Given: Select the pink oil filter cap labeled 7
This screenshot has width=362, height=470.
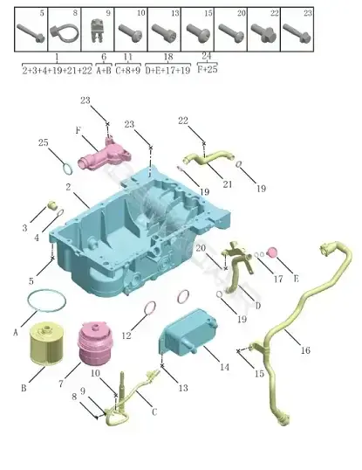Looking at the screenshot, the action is (x=95, y=342).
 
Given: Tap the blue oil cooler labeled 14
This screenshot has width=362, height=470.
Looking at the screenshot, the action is (x=187, y=332).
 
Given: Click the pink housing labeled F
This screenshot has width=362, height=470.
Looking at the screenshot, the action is (x=104, y=154).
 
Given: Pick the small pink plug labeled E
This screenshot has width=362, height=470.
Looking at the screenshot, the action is (x=272, y=252).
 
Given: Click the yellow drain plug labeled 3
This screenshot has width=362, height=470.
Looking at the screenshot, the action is (x=53, y=205).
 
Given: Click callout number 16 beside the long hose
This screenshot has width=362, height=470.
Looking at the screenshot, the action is (x=305, y=349).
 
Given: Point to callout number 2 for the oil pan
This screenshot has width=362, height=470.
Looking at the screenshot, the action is (x=69, y=187).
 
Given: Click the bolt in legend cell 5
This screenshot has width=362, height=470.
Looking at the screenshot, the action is (x=31, y=33).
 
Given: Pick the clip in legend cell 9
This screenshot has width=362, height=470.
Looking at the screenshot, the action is (x=97, y=31).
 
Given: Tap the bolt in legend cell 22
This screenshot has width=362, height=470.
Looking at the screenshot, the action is (x=263, y=32).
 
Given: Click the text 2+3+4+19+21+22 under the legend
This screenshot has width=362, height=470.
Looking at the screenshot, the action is (x=57, y=70).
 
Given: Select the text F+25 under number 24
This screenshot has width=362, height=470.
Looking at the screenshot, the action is (x=207, y=69).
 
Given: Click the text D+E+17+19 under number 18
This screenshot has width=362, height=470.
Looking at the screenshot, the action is (x=167, y=70).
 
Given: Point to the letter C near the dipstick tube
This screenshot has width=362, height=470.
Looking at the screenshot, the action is (x=154, y=412).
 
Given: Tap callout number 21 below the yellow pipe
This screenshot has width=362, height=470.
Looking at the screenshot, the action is (x=228, y=183).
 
